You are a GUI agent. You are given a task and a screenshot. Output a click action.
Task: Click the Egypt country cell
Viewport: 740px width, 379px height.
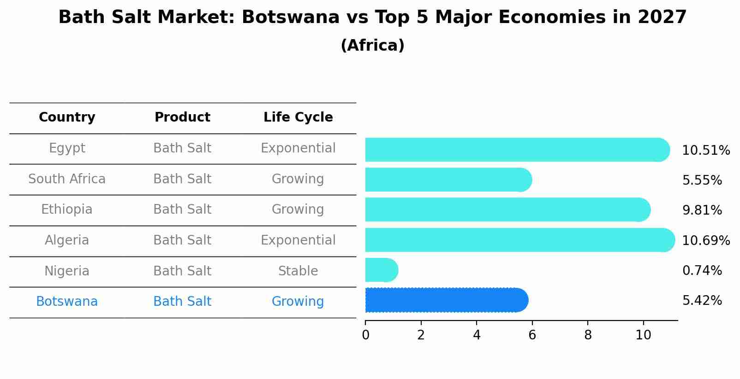click(67, 148)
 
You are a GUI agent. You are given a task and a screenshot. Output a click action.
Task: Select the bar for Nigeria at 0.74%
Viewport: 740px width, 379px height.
click(381, 270)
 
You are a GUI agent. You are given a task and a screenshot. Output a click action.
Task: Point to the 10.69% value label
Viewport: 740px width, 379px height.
click(706, 240)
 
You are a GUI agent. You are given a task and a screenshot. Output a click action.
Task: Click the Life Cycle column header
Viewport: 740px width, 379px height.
click(298, 117)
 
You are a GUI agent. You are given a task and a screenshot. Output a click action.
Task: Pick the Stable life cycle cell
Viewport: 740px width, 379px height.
click(298, 271)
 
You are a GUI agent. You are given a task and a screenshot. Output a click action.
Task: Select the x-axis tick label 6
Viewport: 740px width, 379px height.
click(532, 335)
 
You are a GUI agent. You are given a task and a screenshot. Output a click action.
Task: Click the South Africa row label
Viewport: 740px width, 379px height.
click(67, 179)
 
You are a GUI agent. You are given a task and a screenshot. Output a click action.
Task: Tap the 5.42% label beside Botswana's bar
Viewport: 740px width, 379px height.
click(702, 301)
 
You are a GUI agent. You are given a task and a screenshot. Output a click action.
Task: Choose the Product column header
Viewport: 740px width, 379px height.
click(182, 117)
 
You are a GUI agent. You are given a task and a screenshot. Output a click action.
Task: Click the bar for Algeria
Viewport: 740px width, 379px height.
click(519, 240)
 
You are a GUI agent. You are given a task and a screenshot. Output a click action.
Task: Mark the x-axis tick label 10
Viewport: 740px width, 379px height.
click(643, 335)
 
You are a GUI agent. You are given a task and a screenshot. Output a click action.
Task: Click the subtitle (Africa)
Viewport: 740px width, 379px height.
click(372, 46)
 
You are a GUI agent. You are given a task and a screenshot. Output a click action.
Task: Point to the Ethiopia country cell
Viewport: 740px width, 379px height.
click(67, 210)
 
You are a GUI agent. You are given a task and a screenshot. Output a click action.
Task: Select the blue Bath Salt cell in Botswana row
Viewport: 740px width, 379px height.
click(182, 302)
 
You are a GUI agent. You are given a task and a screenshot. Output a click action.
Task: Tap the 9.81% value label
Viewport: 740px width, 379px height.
click(702, 210)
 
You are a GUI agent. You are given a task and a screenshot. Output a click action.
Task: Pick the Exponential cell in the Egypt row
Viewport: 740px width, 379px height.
click(298, 148)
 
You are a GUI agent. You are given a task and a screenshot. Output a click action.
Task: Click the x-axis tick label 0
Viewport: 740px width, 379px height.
click(365, 335)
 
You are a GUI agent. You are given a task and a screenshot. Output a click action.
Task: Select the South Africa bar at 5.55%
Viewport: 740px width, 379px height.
click(448, 180)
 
